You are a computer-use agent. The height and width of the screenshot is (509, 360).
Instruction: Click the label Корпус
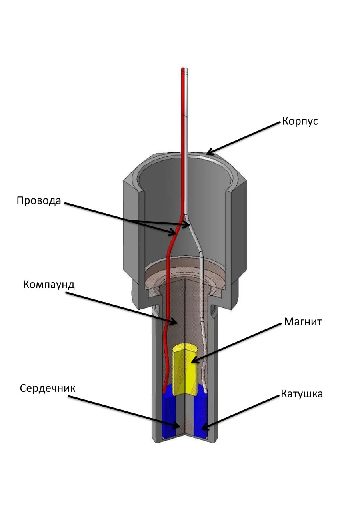click(300, 121)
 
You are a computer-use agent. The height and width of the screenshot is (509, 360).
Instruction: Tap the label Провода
click(39, 200)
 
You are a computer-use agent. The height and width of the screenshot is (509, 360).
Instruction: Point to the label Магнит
click(302, 322)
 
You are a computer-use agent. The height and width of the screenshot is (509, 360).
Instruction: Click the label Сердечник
click(48, 389)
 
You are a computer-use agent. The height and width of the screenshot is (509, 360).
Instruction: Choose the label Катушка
click(302, 394)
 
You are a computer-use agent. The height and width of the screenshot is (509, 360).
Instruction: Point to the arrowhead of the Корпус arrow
click(207, 153)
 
